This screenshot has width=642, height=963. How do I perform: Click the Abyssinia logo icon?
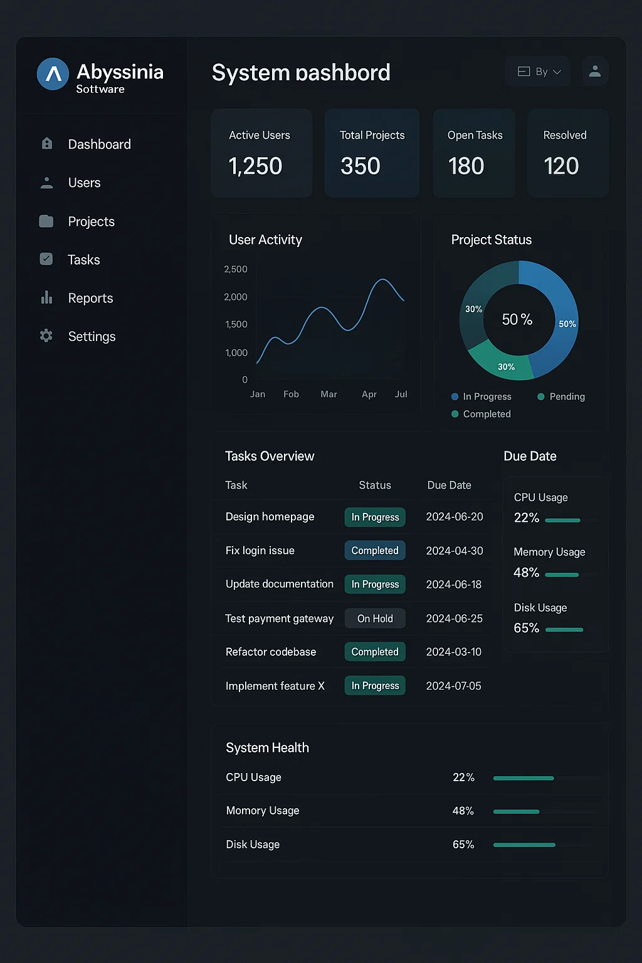coord(53,74)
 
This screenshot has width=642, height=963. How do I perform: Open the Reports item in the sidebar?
coord(90,298)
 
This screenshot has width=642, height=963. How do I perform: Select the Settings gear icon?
coord(46,336)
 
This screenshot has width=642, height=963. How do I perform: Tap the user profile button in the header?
coord(595,71)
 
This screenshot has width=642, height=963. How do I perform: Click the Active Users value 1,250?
coord(255,166)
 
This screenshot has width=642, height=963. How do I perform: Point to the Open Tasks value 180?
coord(466,166)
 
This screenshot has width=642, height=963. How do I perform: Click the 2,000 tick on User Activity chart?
coord(236,297)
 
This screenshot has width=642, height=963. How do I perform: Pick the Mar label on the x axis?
coord(329,394)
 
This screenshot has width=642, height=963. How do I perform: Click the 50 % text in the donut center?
coord(517,320)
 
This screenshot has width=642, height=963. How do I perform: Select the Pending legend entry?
coord(561,397)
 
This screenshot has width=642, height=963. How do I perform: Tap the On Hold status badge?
coord(375,619)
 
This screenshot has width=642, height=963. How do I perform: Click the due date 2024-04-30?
coord(455,551)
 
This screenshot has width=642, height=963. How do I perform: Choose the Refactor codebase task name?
coord(271,652)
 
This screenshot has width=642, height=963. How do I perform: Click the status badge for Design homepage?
coord(375,517)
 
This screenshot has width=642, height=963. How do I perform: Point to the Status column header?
coord(375,485)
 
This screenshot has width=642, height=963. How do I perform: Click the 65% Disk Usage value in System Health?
coord(463,845)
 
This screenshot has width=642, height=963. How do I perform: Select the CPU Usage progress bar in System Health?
coord(524,778)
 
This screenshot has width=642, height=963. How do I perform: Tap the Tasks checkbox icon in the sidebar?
coord(46,259)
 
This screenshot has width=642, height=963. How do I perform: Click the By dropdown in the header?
coord(539,71)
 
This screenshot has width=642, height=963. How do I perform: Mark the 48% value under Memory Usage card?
coord(526,572)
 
